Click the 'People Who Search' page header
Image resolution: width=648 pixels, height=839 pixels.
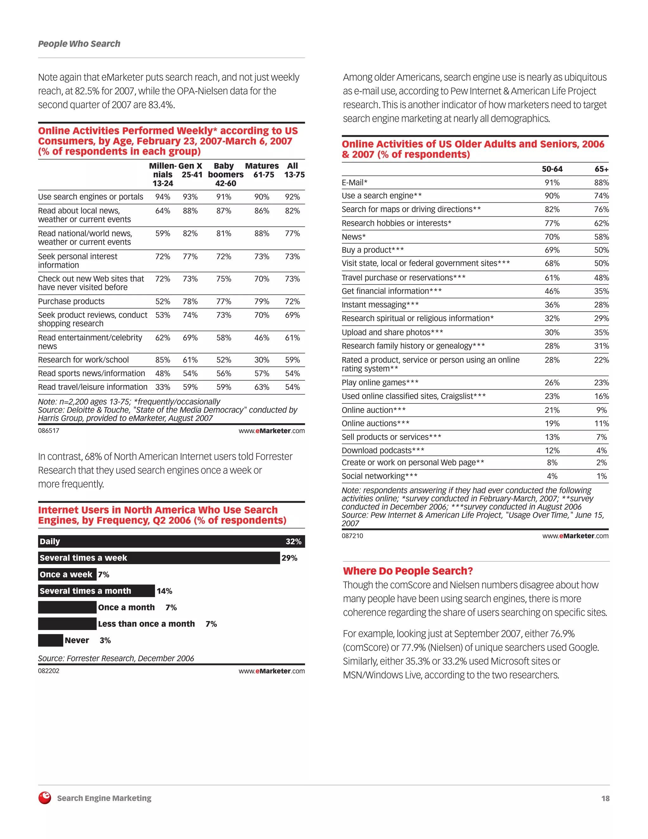tap(79, 44)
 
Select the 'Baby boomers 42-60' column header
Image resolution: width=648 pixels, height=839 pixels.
tap(225, 174)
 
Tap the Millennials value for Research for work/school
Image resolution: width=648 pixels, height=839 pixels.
tap(162, 360)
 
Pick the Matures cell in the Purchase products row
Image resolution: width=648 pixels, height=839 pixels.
tap(261, 301)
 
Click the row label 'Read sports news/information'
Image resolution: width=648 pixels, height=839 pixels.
tap(91, 373)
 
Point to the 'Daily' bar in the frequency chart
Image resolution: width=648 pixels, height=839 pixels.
tap(171, 541)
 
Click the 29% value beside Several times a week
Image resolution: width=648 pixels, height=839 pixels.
tap(289, 558)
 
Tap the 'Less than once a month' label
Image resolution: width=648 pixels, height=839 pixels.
tap(146, 624)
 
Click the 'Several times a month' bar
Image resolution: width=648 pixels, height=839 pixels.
tap(96, 591)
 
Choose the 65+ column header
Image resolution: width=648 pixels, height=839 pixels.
tap(601, 169)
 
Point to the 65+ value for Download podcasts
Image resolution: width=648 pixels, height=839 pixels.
tap(601, 450)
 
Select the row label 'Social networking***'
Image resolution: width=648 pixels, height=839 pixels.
tap(379, 476)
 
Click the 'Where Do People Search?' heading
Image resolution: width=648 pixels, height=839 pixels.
tap(408, 571)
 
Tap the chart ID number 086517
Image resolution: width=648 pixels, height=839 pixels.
tap(49, 431)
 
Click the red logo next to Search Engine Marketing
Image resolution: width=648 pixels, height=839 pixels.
tap(45, 798)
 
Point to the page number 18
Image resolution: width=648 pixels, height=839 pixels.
tap(605, 798)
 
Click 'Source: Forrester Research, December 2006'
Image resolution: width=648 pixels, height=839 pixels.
tap(116, 659)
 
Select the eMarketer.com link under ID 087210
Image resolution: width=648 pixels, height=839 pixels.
tap(575, 536)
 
